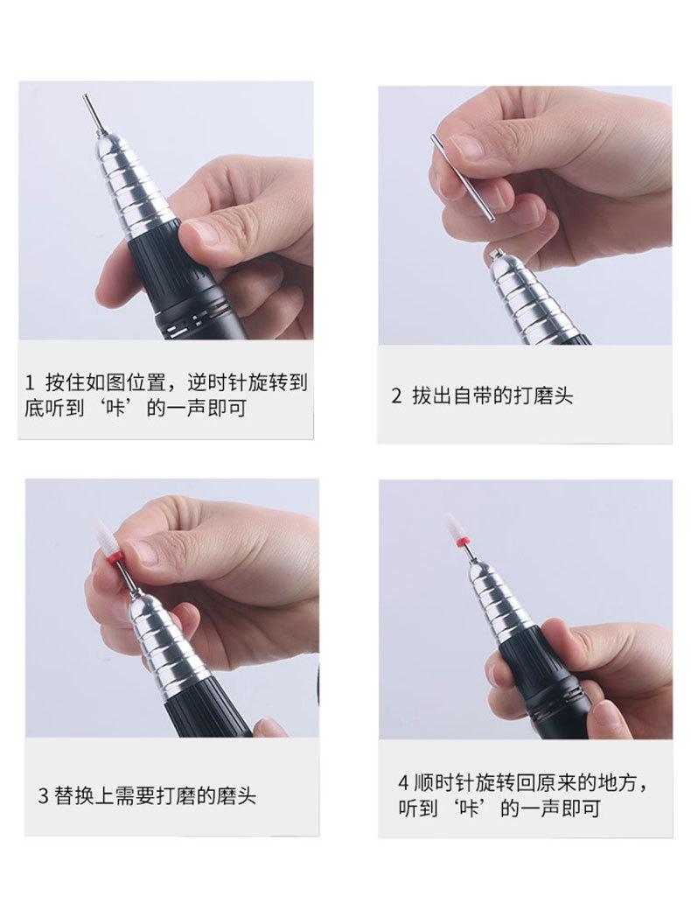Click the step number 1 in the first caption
pos(30,383)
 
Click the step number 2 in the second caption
pos(396,396)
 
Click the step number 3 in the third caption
pos(43,795)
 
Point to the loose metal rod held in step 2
pos(462,177)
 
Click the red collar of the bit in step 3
pos(115,560)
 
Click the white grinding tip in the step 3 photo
pos(104,536)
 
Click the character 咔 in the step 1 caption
pos(115,408)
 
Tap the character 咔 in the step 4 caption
pos(468,808)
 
